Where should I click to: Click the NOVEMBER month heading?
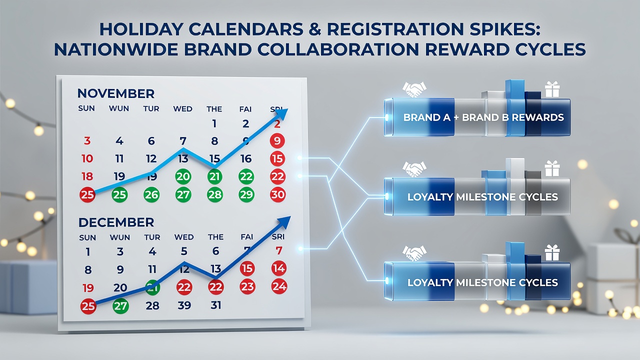[x=115, y=93]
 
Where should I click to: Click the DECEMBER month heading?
[x=116, y=222]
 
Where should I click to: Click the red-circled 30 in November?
[x=277, y=195]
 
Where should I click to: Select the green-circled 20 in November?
[x=183, y=177]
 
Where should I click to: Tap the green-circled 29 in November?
[x=246, y=195]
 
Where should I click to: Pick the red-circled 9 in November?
[x=277, y=141]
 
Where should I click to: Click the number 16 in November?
[x=246, y=159]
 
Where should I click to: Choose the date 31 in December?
[x=215, y=305]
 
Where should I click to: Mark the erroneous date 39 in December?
[x=184, y=305]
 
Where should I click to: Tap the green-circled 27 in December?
[x=120, y=306]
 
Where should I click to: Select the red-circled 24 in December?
[x=279, y=286]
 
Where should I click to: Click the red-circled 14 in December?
[x=279, y=268]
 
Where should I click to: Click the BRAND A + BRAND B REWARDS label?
[x=483, y=117]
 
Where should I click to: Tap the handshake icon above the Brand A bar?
[x=414, y=89]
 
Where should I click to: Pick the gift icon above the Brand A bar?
[x=552, y=89]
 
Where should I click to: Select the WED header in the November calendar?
[x=182, y=109]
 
